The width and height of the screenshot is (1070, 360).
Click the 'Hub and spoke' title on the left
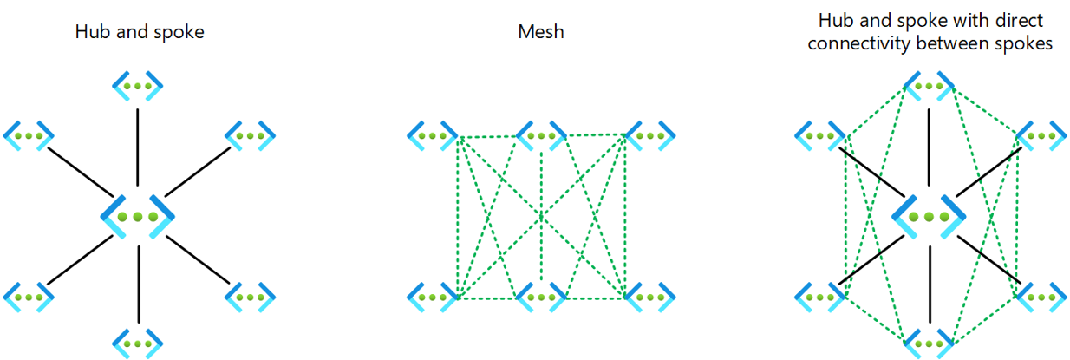click(x=140, y=33)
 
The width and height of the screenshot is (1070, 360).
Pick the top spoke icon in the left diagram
click(x=137, y=87)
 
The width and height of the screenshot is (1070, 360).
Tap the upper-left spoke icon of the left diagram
click(x=29, y=135)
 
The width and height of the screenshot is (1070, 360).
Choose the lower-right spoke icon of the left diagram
click(x=251, y=296)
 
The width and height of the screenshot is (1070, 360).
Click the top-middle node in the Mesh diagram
click(x=542, y=135)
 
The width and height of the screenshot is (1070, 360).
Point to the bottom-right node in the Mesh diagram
click(x=649, y=296)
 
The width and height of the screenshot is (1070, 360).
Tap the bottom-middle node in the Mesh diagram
click(x=542, y=296)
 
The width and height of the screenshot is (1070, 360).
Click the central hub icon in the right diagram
click(x=930, y=216)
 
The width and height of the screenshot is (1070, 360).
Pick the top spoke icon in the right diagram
click(x=930, y=87)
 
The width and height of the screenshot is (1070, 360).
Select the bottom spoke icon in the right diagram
click(x=930, y=340)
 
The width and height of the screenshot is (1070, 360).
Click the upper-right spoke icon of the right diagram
click(x=1041, y=135)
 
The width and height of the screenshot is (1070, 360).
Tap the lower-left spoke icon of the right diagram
click(x=820, y=296)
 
